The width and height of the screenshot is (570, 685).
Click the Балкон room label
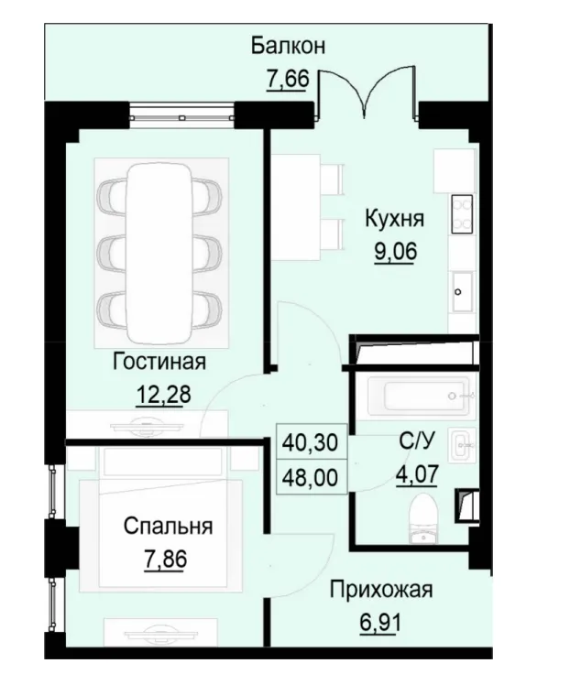point(289,46)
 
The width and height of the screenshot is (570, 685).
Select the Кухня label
point(394,220)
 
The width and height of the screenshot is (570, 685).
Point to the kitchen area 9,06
point(394,251)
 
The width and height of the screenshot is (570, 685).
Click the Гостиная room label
point(159,362)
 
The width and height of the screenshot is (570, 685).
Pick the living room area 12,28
point(159,396)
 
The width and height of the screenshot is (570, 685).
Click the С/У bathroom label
point(416,442)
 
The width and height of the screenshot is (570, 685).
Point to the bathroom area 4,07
point(416,476)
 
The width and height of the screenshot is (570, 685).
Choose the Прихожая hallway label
point(379,590)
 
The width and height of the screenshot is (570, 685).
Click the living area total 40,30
point(313,443)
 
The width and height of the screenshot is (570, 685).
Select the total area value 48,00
point(313,477)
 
